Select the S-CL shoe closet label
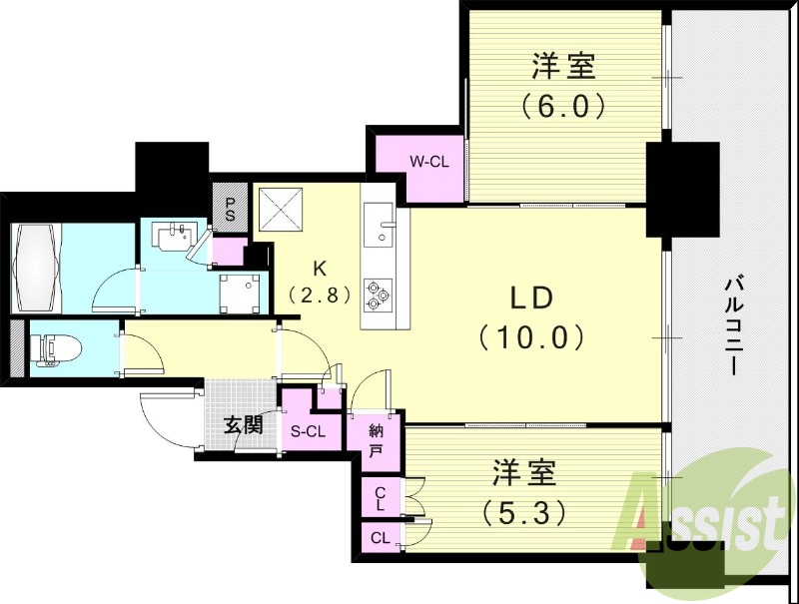pos(308,431)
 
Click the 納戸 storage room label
pos(376,440)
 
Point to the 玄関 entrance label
pos(243,425)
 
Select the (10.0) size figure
pos(530,337)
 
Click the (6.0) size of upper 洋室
pos(563,104)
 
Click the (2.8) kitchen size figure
pos(320,295)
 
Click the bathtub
pos(37,267)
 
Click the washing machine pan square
pos(240,293)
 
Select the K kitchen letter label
pos(320,268)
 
